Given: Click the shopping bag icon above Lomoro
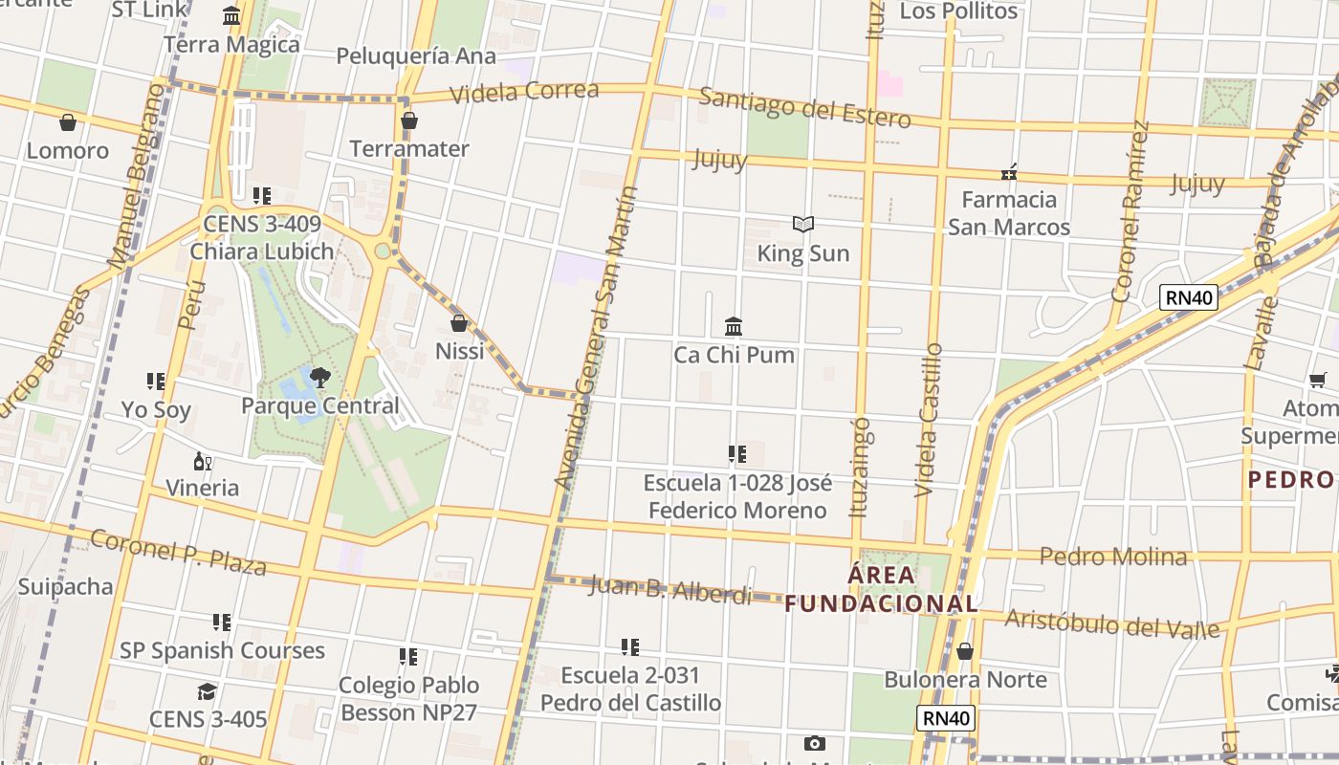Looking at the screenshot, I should (x=68, y=122).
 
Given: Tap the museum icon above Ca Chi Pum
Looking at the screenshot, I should (x=734, y=327).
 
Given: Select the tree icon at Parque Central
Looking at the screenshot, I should (x=319, y=377).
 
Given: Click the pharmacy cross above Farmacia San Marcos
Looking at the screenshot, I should (x=1008, y=172).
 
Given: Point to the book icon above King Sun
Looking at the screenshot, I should (x=803, y=225).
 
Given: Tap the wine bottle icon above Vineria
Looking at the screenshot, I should (x=202, y=462).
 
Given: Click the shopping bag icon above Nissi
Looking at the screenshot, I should (x=459, y=323).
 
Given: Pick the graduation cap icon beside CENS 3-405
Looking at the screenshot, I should (x=207, y=691).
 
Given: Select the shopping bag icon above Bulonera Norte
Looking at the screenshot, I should (x=965, y=651).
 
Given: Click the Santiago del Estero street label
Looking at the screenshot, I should (x=804, y=107).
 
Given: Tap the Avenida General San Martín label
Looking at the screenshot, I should (x=596, y=337).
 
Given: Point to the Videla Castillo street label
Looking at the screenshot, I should (x=929, y=420).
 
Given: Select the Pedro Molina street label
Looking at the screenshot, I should (x=1113, y=556).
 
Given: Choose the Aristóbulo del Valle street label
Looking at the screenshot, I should (x=1112, y=623).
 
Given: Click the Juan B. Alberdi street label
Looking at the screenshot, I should (x=670, y=588).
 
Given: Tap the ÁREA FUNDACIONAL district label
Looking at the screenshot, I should (x=882, y=590).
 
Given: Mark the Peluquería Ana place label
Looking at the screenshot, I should (x=416, y=56).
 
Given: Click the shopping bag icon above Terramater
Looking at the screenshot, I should (x=409, y=120).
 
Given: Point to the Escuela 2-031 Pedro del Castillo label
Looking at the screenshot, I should (x=631, y=688).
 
